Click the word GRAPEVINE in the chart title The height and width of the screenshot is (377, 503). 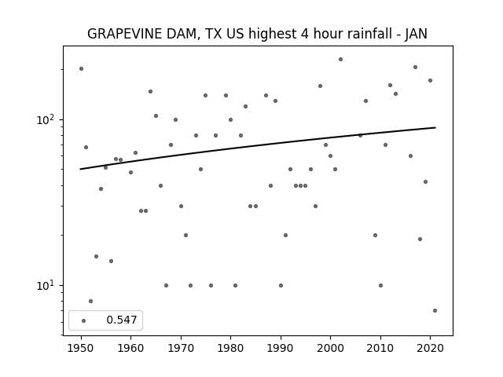coord(125,34)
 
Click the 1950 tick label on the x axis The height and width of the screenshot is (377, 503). coord(81,348)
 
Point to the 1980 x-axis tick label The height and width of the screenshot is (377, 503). coord(230,348)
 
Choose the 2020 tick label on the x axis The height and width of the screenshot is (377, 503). coord(430,348)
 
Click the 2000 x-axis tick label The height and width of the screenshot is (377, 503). coord(330,348)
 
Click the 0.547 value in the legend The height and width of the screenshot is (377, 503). coord(122,320)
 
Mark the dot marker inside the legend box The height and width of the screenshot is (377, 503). coord(84,320)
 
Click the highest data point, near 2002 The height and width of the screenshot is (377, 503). coord(340,60)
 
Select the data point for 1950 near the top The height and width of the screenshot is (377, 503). coord(81,68)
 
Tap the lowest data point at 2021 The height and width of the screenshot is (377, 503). coord(435,311)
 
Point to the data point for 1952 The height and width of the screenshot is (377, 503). coord(91,301)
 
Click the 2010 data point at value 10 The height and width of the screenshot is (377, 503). coord(380,285)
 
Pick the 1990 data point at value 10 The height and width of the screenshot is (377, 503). coord(281,285)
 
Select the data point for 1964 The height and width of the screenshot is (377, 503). coord(150,91)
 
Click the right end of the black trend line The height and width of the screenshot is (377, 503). coord(435,127)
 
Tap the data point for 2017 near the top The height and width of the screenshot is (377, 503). coord(416,67)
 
